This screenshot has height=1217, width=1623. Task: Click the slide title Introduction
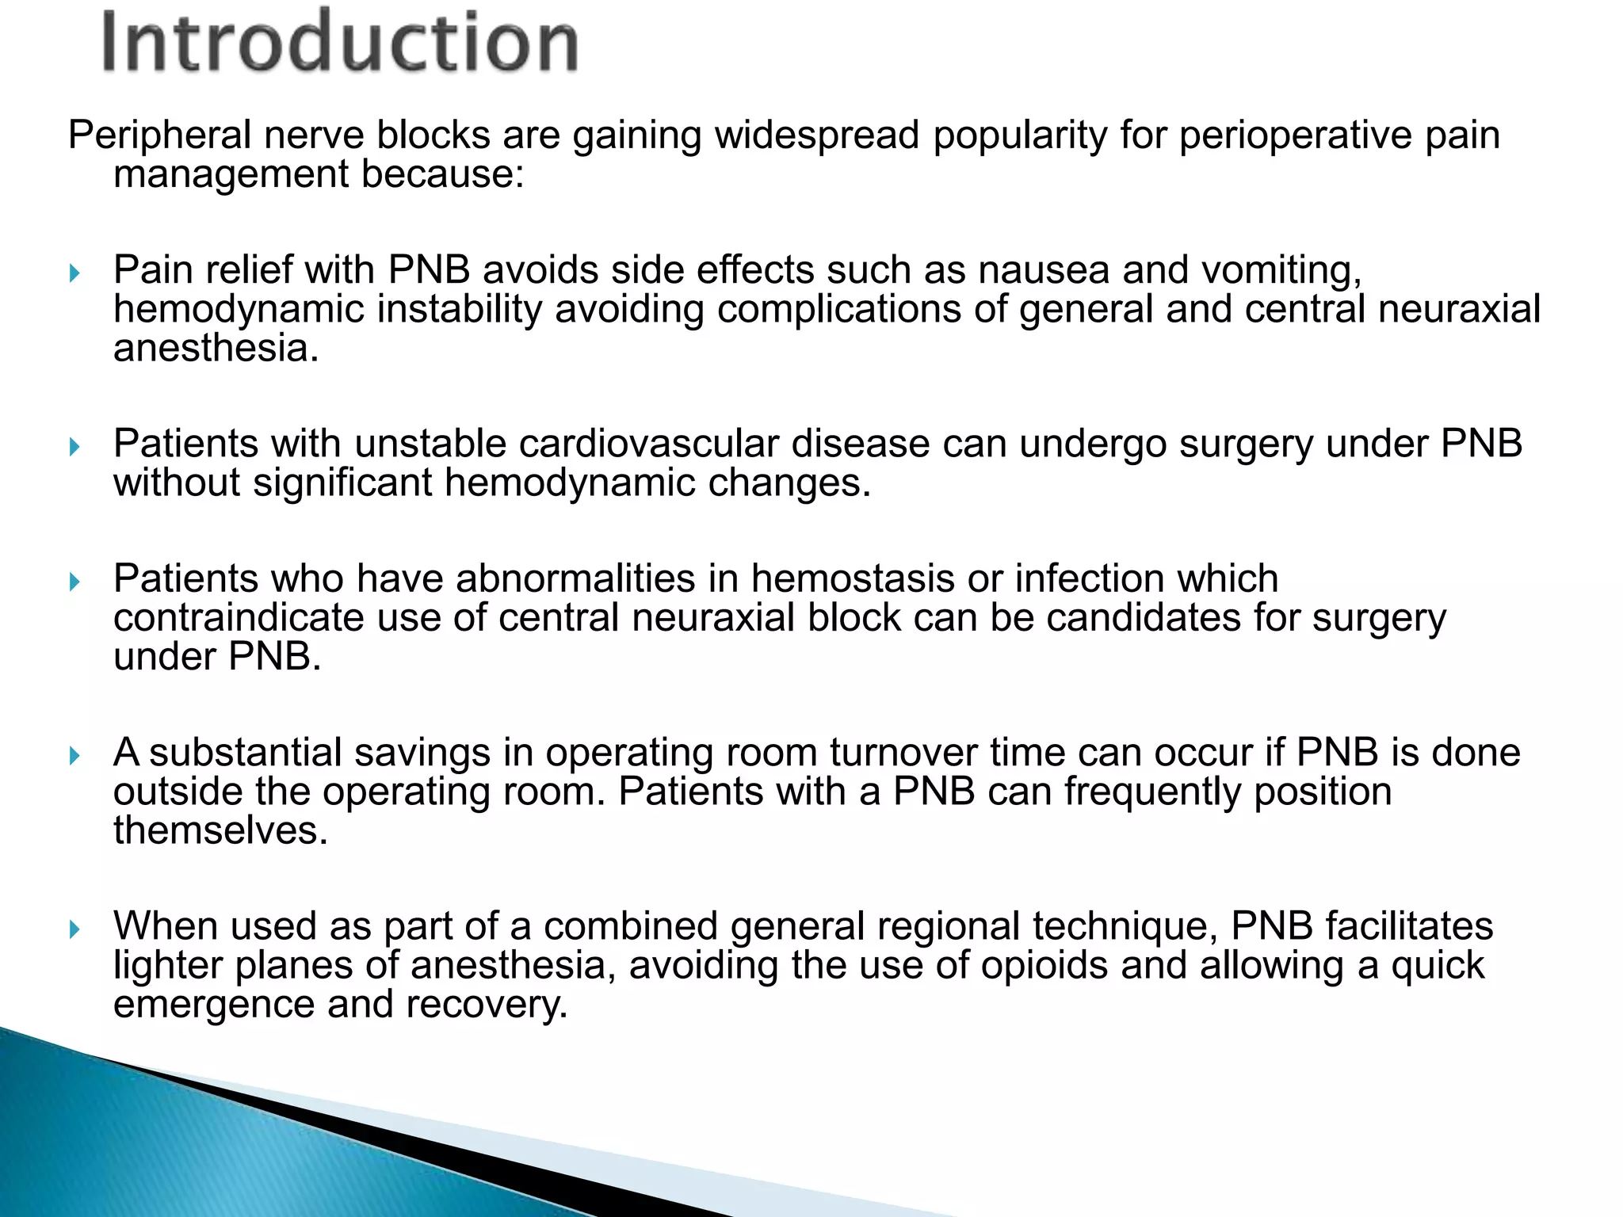click(339, 41)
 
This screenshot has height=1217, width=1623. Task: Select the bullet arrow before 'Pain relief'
click(75, 274)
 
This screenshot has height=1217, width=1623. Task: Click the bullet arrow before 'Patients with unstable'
click(75, 448)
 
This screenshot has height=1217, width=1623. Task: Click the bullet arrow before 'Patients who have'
click(75, 582)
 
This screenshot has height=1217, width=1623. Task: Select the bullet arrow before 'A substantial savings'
click(75, 756)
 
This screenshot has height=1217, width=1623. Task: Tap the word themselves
click(220, 830)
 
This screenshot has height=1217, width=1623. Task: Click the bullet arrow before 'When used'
click(75, 929)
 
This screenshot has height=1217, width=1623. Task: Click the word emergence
click(213, 1005)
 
